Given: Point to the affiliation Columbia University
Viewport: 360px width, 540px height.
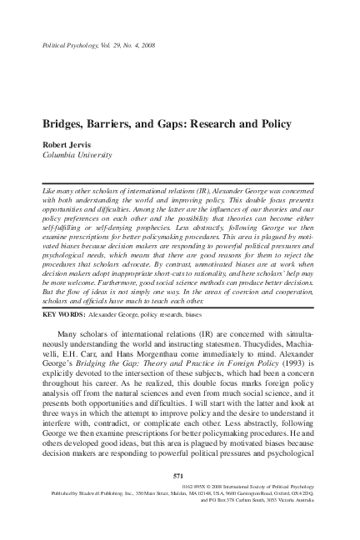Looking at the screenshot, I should [x=76, y=154].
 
